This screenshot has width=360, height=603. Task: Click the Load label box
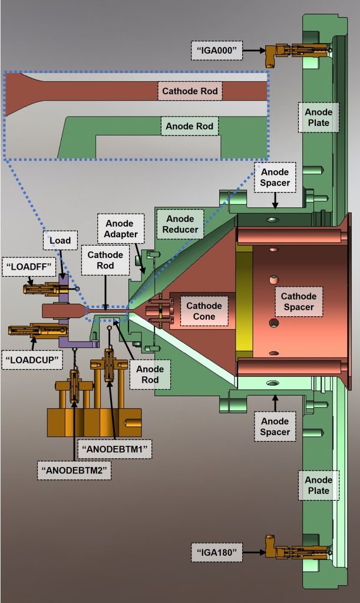[60, 240]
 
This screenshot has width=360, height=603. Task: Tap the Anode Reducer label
[180, 223]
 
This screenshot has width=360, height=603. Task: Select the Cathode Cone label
[204, 312]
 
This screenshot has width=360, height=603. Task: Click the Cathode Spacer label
[298, 301]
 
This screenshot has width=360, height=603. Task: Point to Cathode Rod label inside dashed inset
[190, 91]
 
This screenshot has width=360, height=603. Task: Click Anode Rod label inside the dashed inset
[189, 126]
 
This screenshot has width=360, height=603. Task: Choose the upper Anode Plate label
[318, 117]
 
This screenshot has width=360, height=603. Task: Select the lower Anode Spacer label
[275, 426]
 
